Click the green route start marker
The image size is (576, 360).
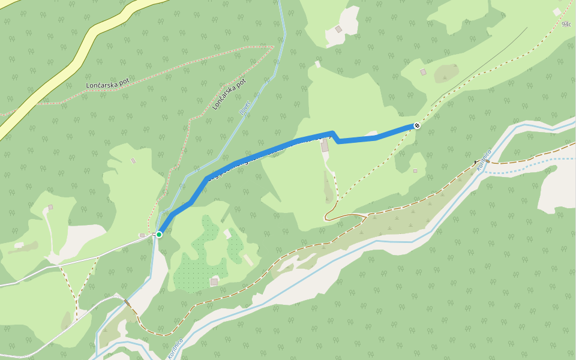tap(159, 234)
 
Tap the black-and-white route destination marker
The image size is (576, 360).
tap(416, 125)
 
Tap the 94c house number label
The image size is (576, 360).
tap(566, 25)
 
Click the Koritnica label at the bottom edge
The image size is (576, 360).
tap(175, 347)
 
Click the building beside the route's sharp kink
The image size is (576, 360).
tap(325, 146)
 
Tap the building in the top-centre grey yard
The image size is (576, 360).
tap(338, 29)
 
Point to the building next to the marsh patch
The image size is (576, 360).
tap(423, 72)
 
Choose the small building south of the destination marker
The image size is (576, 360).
tap(415, 170)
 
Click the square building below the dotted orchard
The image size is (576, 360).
tap(214, 281)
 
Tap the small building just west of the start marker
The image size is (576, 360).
tap(142, 235)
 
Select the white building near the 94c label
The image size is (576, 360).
tap(557, 11)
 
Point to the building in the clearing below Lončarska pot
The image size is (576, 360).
tap(133, 160)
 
